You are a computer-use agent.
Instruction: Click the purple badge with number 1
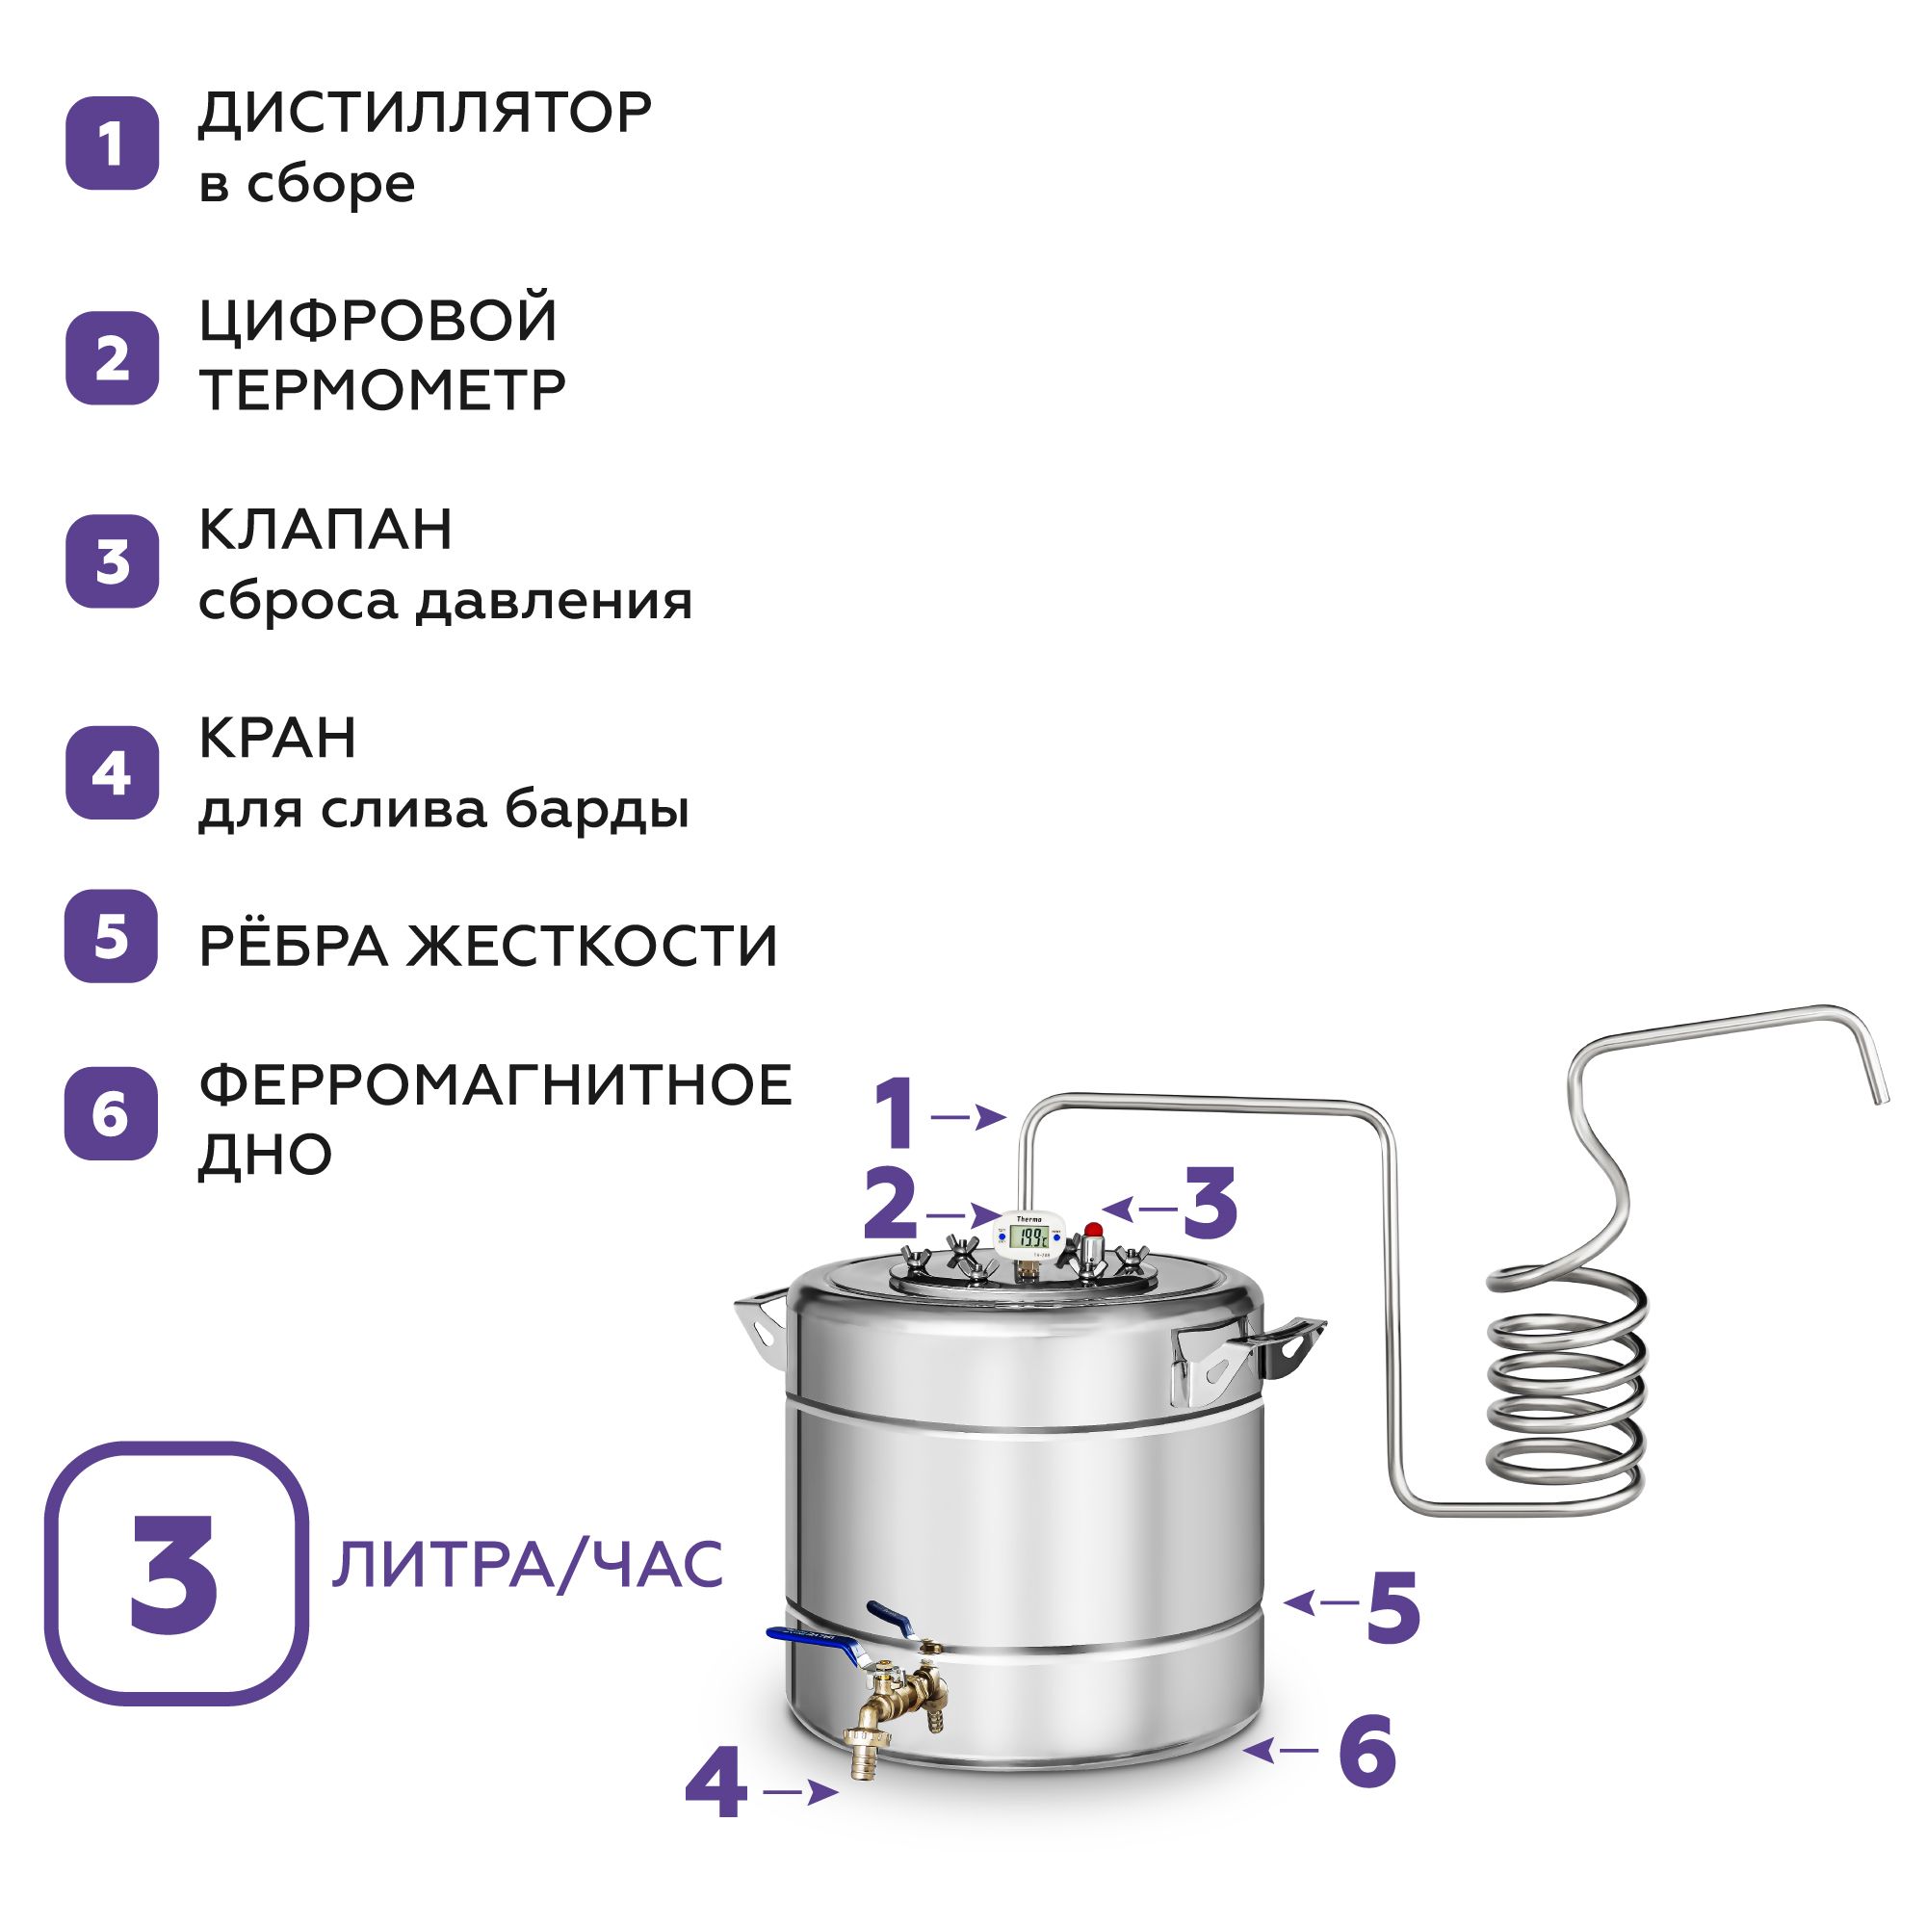click(112, 143)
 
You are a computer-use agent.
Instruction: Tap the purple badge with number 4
click(112, 772)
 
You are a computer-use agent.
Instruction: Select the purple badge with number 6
click(112, 1113)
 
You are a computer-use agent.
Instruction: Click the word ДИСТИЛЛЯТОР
click(425, 113)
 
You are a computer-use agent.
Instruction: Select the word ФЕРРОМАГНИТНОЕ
click(495, 1084)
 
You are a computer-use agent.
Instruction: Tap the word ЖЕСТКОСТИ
click(591, 946)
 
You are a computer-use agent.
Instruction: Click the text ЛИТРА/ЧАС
click(528, 1564)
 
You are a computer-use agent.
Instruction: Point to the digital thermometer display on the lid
click(1028, 1237)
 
